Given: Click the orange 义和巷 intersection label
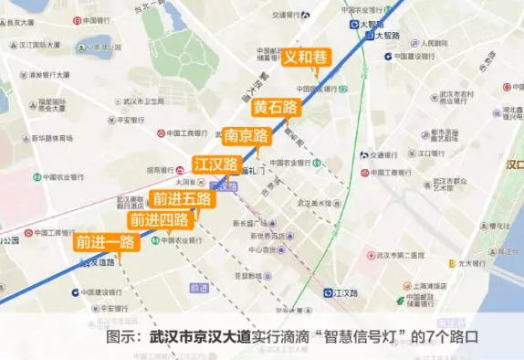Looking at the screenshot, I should click(x=306, y=57).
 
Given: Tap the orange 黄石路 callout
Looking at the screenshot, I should click(x=278, y=107).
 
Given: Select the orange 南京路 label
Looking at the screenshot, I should click(x=247, y=136).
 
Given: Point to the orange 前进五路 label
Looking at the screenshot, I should click(x=182, y=198).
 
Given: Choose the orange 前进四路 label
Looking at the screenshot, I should click(x=160, y=219).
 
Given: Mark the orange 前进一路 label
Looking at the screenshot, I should click(x=106, y=242).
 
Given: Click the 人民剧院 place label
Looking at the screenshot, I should click(x=428, y=43).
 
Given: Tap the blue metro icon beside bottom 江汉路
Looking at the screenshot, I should click(x=328, y=293).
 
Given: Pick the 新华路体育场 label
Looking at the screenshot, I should click(x=51, y=139).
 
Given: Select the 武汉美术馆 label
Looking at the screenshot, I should click(x=314, y=203).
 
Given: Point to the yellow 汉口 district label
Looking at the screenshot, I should click(x=514, y=164).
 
